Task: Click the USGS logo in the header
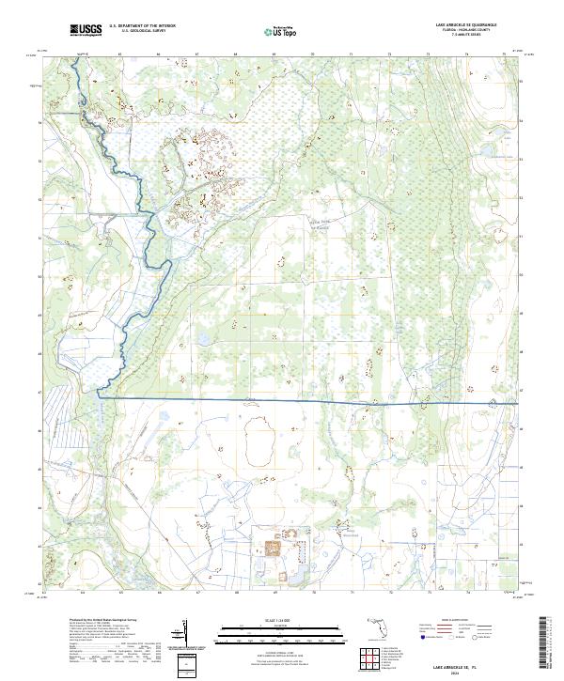coord(86,31)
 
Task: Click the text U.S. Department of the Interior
coord(142,26)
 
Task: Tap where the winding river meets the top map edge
coord(76,56)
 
